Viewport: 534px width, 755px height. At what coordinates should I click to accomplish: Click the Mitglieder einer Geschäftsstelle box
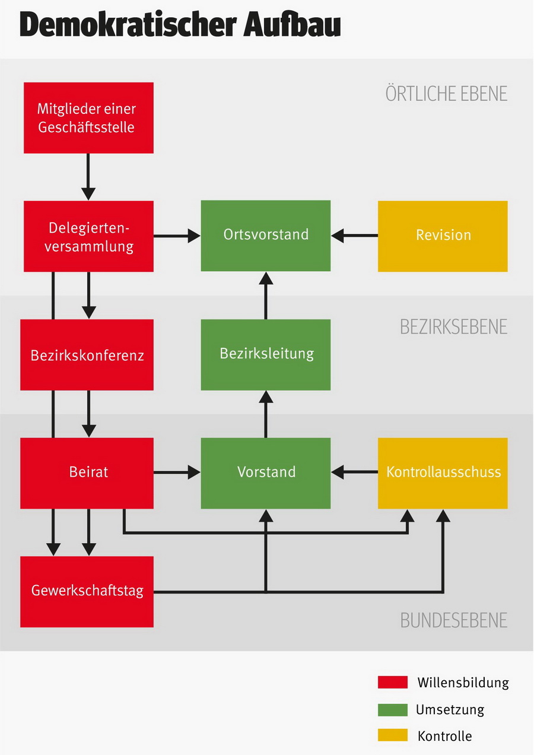pos(88,118)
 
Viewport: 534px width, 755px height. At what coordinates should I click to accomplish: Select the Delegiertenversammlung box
pos(88,236)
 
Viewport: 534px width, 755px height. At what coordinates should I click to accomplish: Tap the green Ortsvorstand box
pos(266,236)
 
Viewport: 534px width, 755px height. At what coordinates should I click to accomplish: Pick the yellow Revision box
pos(443,236)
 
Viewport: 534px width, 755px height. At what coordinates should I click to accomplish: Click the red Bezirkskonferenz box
pos(87,355)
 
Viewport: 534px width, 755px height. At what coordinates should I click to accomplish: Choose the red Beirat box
pos(87,473)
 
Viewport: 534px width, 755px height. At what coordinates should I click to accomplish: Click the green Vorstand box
pos(266,473)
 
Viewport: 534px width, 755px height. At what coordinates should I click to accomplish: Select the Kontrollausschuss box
pos(443,473)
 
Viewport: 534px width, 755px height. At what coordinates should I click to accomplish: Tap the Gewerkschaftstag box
pos(87,592)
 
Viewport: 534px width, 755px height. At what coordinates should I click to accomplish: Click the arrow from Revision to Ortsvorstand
pos(354,236)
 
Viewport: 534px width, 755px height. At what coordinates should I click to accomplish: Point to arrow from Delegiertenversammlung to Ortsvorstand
pos(177,236)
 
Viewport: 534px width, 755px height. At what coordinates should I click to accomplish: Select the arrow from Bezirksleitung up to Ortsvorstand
pos(266,296)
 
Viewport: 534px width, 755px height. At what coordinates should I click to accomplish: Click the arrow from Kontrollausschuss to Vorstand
pos(354,472)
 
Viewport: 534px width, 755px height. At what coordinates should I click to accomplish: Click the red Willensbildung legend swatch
pos(392,682)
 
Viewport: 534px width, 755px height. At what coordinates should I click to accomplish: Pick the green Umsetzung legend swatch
pos(392,709)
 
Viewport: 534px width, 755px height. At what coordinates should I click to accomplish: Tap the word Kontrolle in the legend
pos(444,737)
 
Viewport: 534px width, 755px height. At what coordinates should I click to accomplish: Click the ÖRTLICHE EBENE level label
pos(446,94)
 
